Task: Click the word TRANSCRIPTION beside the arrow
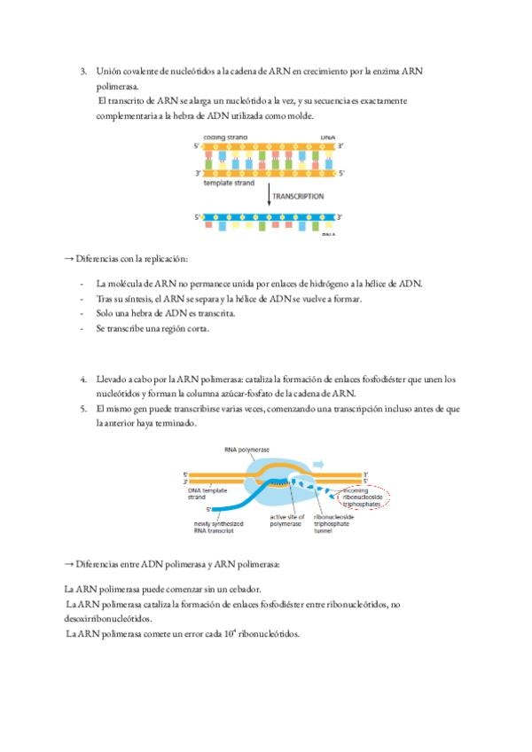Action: coord(299,196)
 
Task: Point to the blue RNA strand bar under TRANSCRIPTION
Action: coord(269,216)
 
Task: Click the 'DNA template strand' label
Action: coord(207,493)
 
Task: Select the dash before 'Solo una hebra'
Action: coord(81,313)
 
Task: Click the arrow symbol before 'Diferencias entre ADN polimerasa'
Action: coord(68,564)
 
